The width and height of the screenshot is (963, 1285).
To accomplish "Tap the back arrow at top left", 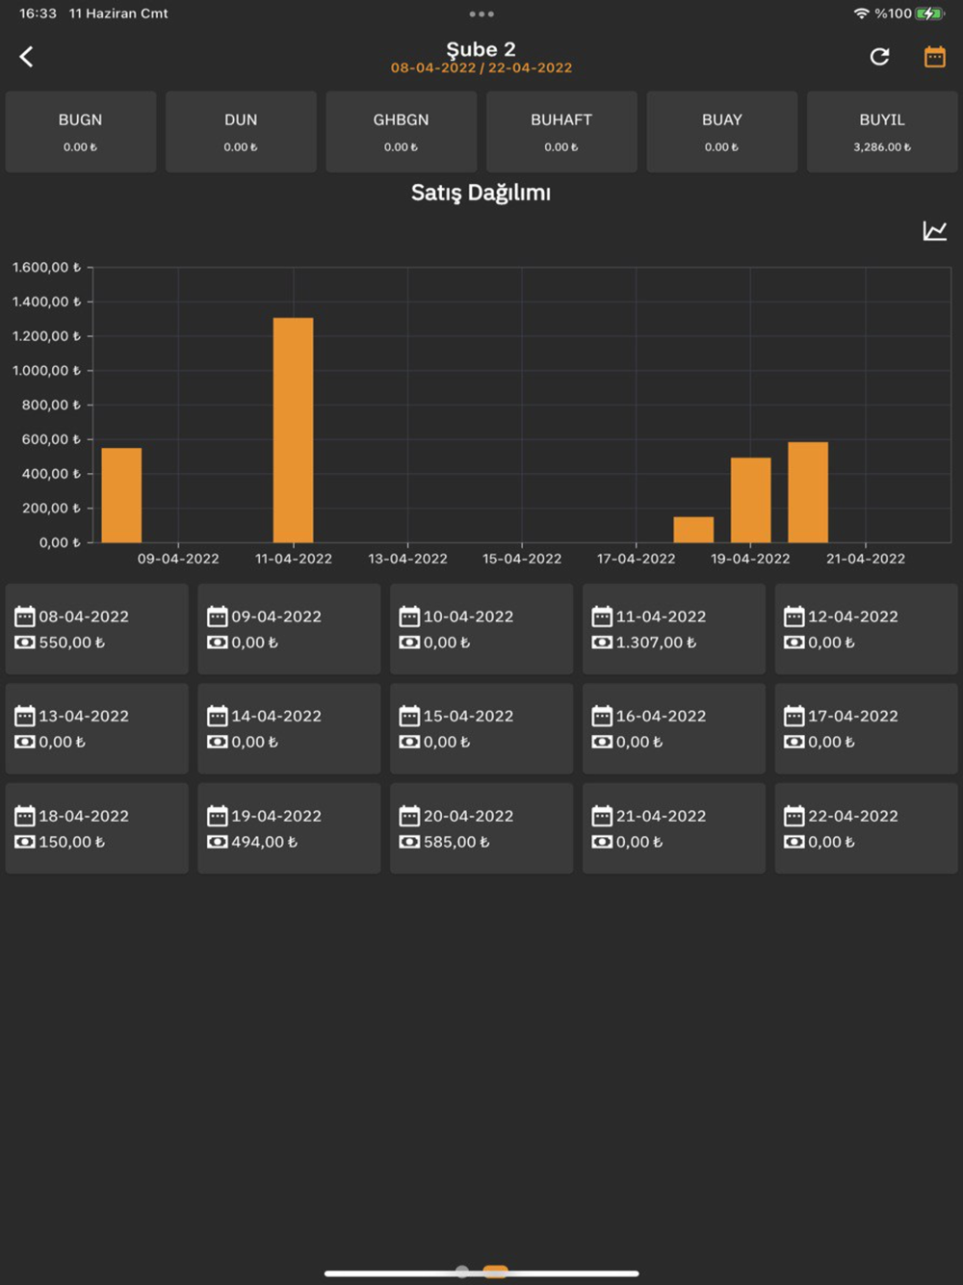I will [27, 57].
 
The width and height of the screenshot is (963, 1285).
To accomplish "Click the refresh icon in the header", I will [879, 57].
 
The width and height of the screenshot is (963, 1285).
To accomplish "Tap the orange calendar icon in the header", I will [934, 57].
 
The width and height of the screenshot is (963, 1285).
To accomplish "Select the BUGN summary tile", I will [81, 132].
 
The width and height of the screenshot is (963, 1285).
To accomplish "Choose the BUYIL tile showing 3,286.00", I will [881, 132].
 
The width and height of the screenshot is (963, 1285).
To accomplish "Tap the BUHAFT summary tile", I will [561, 132].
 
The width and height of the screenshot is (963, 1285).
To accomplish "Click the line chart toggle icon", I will [934, 231].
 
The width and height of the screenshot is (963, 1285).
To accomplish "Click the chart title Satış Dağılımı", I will [481, 193].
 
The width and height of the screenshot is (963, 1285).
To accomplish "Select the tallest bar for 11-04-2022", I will [293, 430].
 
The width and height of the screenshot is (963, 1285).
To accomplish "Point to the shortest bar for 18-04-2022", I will [693, 530].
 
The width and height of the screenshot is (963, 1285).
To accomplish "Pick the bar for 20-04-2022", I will [808, 492].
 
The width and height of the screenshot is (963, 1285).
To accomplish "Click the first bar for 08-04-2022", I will [121, 495].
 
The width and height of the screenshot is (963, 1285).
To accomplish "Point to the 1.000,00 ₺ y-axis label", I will [45, 371].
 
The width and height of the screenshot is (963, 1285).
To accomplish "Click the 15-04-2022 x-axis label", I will [522, 559].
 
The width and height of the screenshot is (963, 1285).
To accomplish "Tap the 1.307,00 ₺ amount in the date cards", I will [656, 642].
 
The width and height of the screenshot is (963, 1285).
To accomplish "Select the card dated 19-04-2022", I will [289, 827].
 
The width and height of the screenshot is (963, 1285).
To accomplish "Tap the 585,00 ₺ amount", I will [456, 842].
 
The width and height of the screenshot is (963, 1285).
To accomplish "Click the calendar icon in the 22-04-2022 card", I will [794, 816].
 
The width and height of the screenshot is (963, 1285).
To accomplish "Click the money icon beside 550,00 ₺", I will [25, 642].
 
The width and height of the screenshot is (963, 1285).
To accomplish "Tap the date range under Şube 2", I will [481, 68].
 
